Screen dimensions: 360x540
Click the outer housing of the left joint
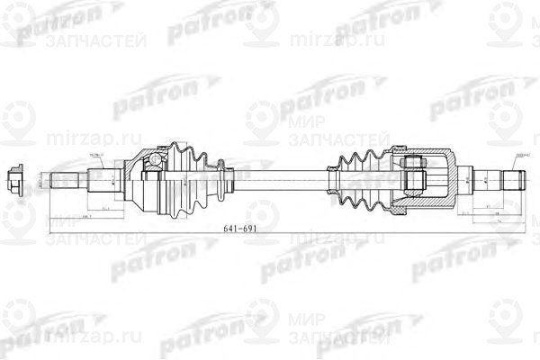coord(144,184)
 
